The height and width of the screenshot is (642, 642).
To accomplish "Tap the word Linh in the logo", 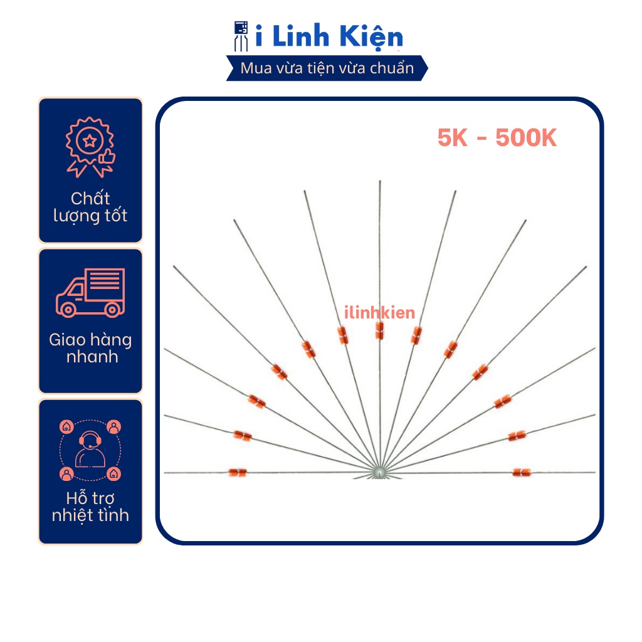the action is tap(301, 36).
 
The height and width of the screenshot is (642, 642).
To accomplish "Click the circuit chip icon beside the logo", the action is tap(241, 36).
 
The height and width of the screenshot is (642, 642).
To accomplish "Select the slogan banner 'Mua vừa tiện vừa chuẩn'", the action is tap(327, 68).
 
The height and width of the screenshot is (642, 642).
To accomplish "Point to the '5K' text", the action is tap(453, 137).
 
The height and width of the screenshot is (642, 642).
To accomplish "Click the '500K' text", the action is tap(526, 137).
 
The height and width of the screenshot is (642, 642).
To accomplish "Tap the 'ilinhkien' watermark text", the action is tap(379, 312).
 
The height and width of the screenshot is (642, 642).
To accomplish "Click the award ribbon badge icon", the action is tap(90, 147).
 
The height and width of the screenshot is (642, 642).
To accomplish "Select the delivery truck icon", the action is tap(90, 293).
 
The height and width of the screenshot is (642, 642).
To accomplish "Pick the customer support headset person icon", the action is tap(90, 450).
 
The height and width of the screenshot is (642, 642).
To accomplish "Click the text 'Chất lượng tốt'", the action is tap(90, 207).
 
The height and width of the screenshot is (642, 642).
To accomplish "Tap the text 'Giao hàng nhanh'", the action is tap(90, 348).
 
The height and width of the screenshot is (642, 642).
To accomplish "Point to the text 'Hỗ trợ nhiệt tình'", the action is tap(90, 507).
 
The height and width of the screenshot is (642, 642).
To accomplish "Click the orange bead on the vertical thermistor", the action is tap(379, 330).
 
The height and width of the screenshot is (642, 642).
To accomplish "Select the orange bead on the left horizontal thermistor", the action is tap(238, 473).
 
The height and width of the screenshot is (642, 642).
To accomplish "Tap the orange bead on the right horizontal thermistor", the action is tap(522, 473).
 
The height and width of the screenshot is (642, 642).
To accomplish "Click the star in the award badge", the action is tap(90, 141).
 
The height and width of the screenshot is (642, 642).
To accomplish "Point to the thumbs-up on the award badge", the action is tap(107, 156).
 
